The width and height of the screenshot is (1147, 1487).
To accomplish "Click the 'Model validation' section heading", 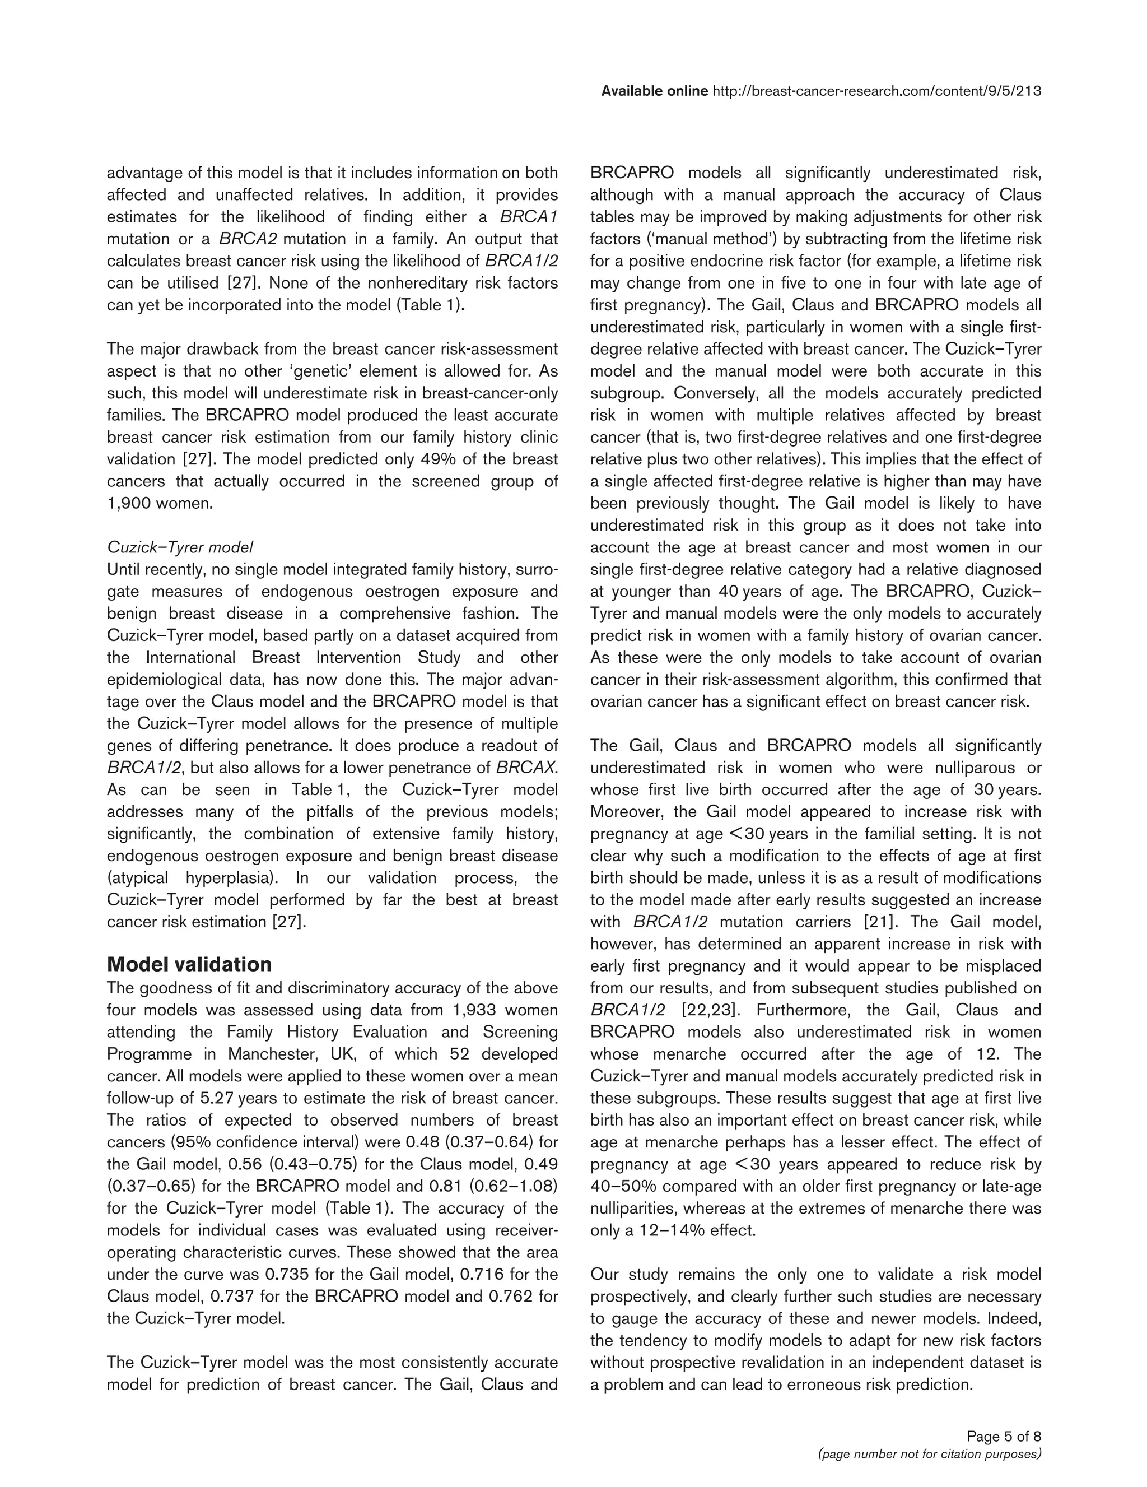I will point(189,964).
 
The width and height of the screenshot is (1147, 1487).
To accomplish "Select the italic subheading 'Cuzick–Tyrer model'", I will point(180,547).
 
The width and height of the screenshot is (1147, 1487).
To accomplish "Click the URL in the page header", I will point(876,91).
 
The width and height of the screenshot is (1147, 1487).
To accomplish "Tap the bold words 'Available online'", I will point(654,91).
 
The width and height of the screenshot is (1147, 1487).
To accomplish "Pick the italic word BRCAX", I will point(526,768).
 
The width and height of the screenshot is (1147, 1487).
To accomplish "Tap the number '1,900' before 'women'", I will point(129,503).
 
